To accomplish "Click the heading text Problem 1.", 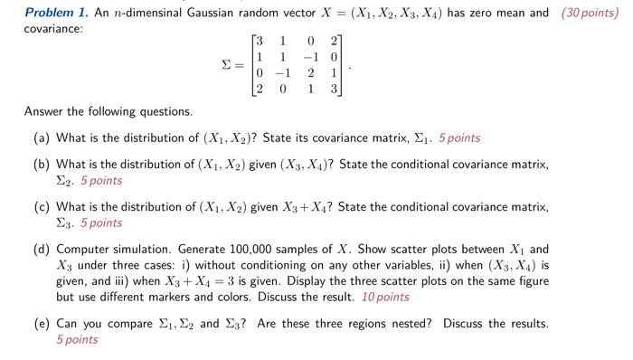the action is point(53,13).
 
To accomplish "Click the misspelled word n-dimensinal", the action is point(137,13).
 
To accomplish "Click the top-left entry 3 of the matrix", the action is point(260,43).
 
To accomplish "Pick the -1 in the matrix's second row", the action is point(307,58).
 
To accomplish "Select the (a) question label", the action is point(41,138).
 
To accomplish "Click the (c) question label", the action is point(41,207).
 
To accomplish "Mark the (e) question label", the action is point(41,324).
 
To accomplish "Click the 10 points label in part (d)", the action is point(386,296).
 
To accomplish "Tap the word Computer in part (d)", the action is point(83,249).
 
